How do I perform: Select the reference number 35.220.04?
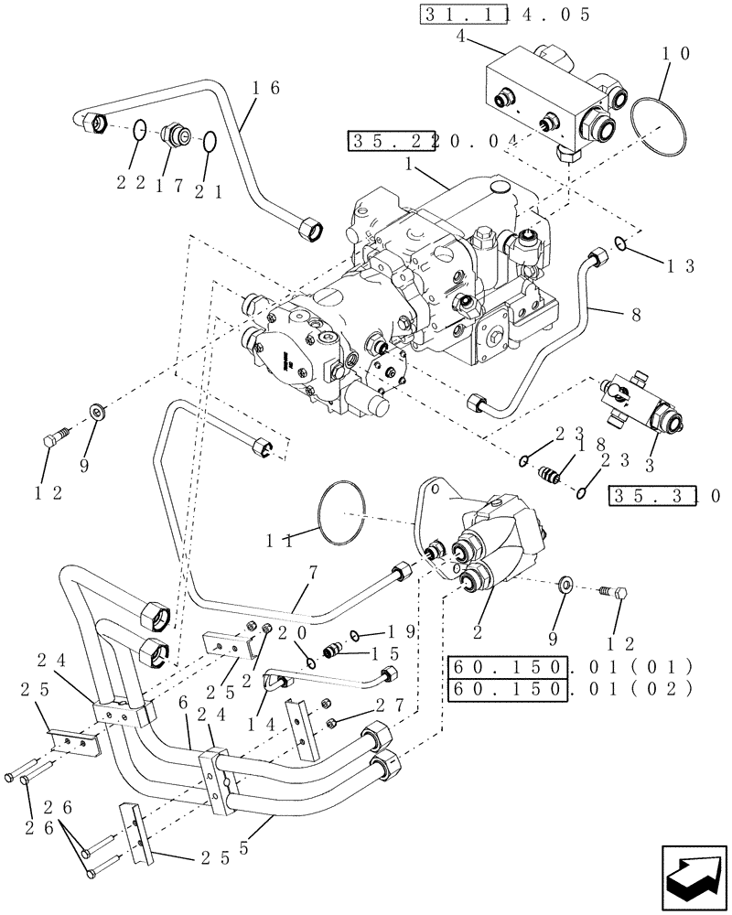434,141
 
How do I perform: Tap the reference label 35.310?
665,496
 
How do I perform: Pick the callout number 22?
129,184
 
